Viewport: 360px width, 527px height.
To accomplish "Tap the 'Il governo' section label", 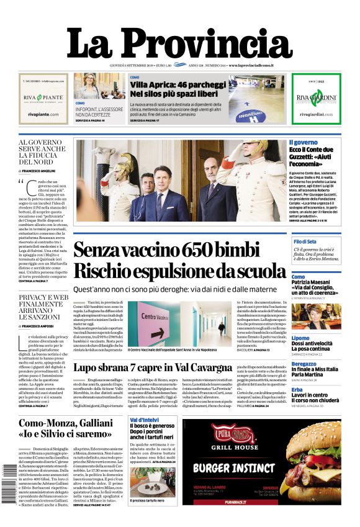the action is tap(304, 142).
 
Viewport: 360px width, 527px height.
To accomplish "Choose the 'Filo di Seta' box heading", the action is tap(305, 241).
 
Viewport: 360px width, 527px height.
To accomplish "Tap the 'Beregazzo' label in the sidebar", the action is tap(304, 364).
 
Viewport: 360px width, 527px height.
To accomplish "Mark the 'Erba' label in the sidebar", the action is tap(297, 389).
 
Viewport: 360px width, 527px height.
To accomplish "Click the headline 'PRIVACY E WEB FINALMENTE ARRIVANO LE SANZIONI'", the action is tap(43, 307).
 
